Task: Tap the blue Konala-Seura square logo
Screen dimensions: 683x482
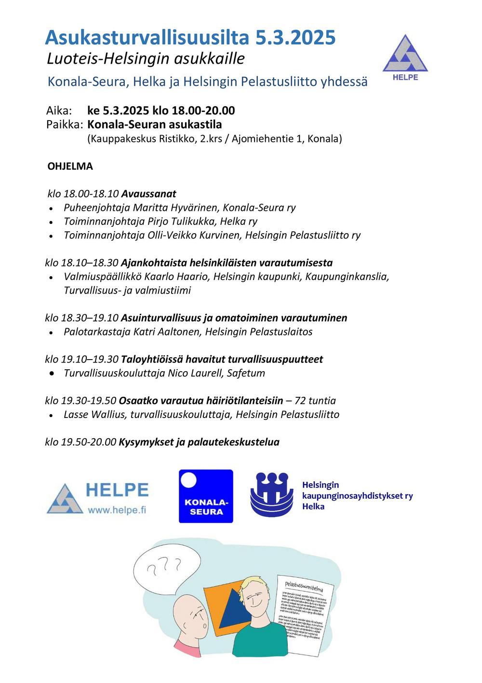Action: [x=206, y=496]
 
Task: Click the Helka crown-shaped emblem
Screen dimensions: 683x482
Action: [x=271, y=495]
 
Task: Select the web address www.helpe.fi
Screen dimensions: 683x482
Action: [x=117, y=510]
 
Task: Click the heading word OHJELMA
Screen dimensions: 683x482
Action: [x=70, y=167]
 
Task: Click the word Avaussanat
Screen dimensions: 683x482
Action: [x=148, y=194]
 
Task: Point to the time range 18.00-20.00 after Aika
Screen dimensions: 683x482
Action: [x=203, y=111]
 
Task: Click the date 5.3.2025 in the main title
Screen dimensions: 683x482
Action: [x=295, y=37]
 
